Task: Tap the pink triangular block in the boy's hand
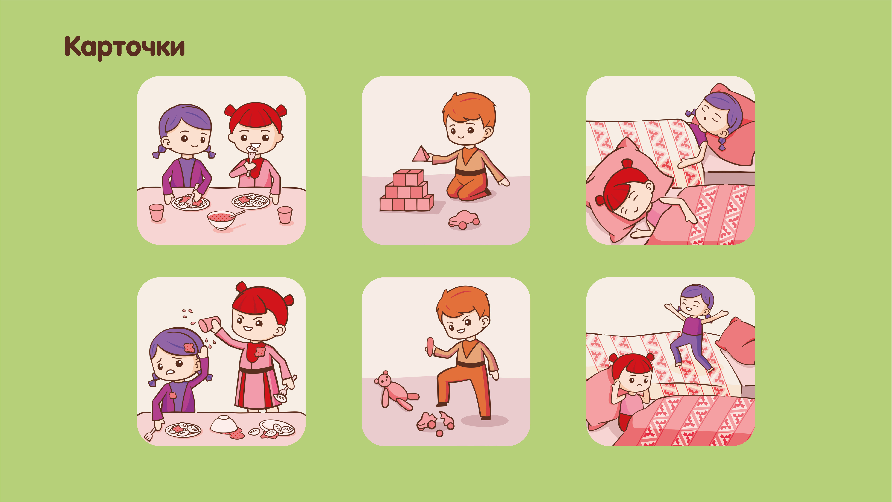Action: (x=421, y=154)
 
